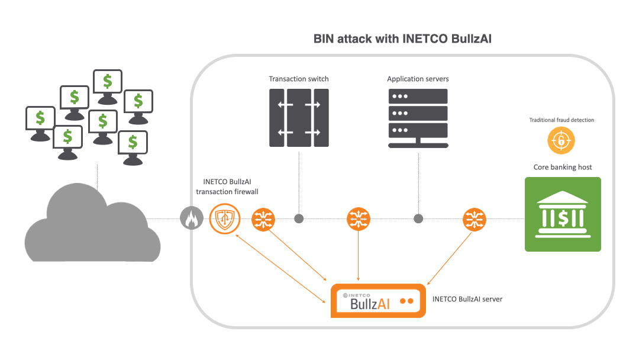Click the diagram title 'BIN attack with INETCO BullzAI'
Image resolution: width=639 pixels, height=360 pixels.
coord(402,39)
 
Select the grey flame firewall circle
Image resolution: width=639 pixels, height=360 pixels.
coord(191,219)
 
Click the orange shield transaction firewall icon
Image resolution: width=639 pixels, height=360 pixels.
coord(224,218)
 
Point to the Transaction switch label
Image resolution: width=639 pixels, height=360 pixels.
coord(299,79)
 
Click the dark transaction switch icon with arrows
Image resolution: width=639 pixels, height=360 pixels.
coord(299,118)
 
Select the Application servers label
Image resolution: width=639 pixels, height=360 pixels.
coord(418,79)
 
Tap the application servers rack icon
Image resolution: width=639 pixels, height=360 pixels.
coord(418,118)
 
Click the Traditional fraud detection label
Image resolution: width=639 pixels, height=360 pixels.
coord(561,120)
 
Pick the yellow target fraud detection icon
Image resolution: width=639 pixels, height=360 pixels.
coord(561,141)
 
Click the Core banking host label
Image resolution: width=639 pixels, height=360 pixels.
coord(563,167)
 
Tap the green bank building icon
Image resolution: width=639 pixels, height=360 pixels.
coord(563,214)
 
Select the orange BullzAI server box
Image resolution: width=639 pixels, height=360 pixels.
coord(377,301)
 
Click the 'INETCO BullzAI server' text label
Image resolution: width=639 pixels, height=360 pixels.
coord(467,299)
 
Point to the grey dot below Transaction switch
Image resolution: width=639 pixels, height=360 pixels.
coord(299,218)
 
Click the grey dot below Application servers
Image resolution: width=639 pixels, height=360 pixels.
coord(418,218)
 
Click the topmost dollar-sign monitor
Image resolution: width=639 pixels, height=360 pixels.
coord(108,81)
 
